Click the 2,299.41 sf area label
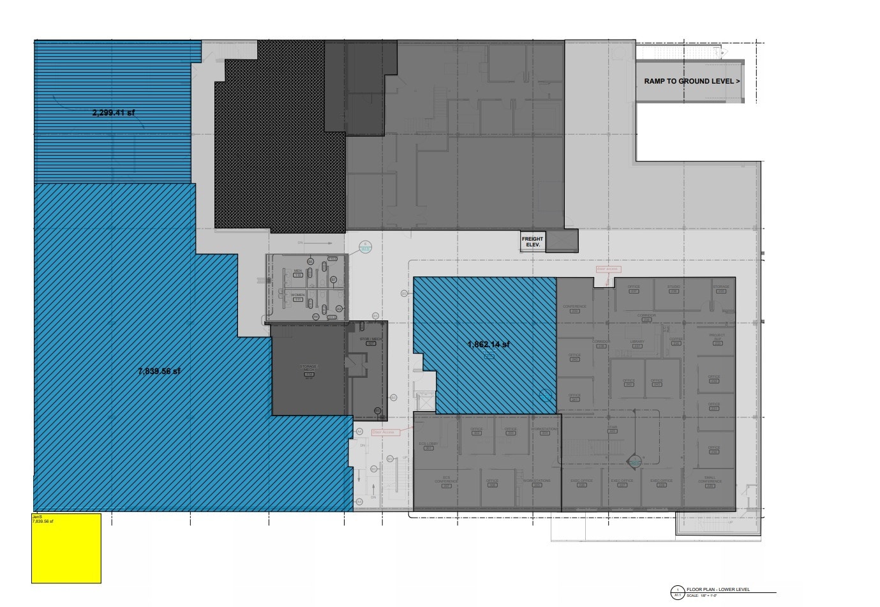point(114,113)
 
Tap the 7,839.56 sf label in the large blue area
point(160,371)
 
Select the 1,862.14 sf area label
point(489,345)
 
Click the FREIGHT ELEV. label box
point(533,242)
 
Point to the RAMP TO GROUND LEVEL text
point(692,82)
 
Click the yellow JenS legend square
point(66,548)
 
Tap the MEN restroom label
point(297,271)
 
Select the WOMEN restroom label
point(297,296)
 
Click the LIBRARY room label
point(637,342)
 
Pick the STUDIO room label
point(674,287)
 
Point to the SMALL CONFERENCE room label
point(710,481)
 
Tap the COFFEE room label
point(676,339)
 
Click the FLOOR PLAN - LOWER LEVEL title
point(718,590)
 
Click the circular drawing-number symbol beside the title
point(677,592)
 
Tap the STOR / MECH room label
point(371,339)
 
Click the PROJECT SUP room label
point(717,336)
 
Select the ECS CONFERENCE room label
point(447,481)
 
